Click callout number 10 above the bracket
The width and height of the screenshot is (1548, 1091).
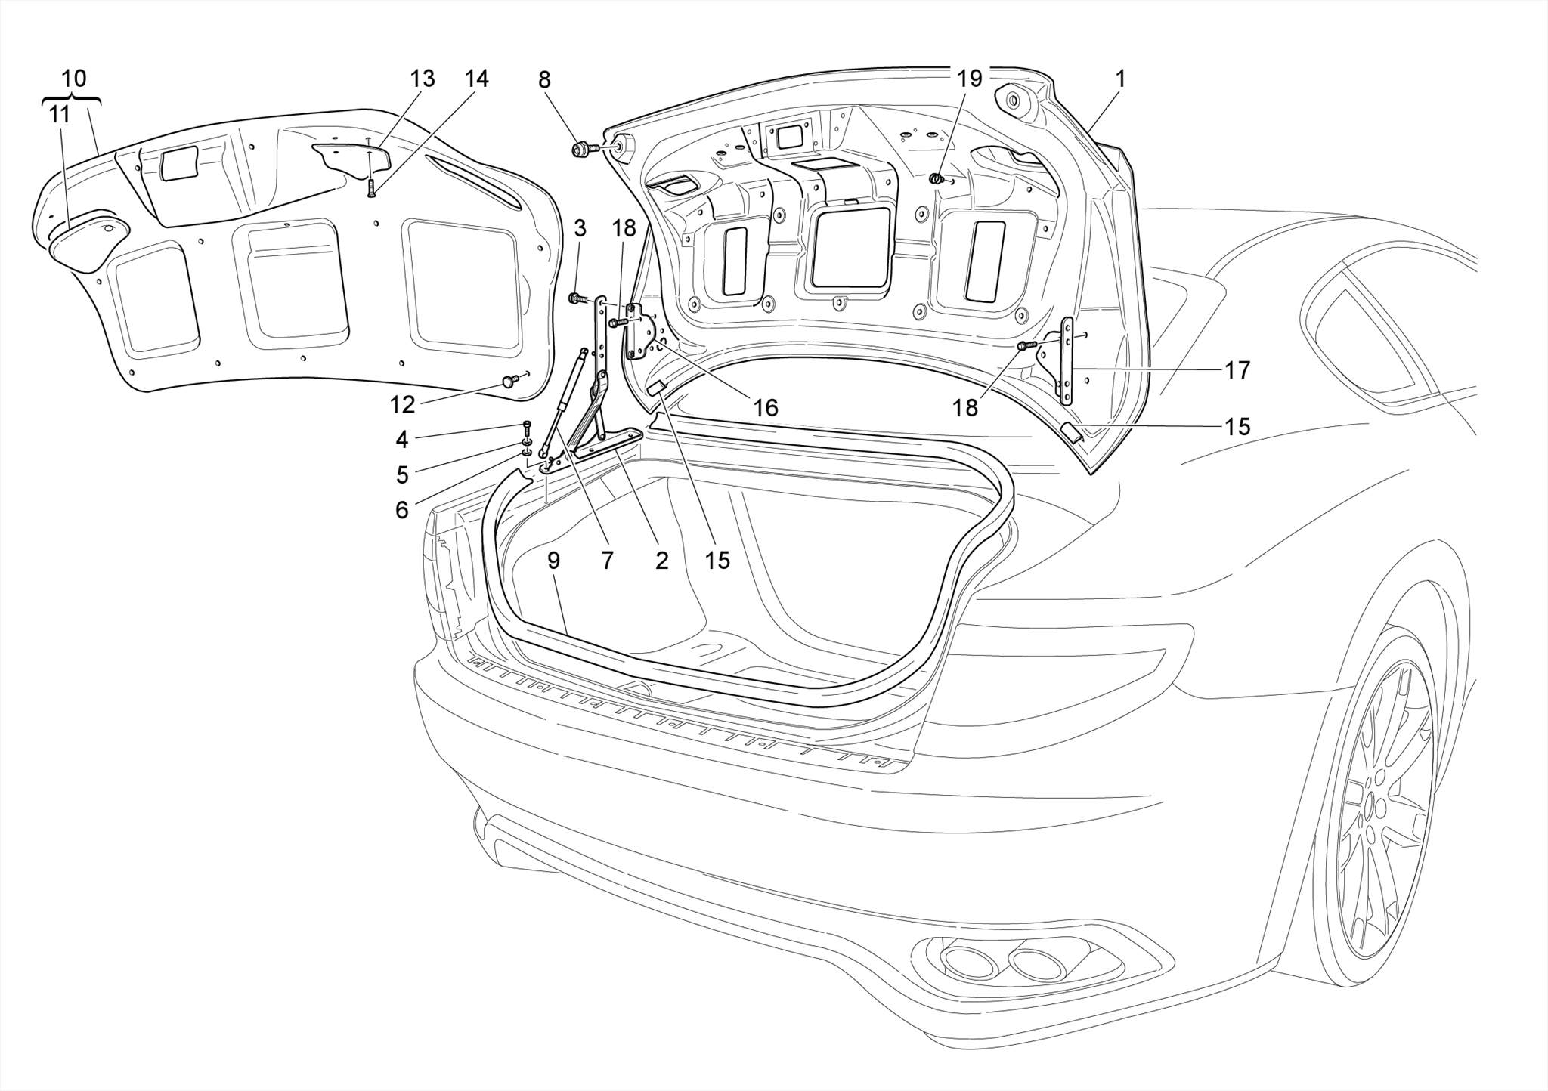click(x=74, y=79)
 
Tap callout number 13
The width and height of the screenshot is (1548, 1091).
click(x=423, y=79)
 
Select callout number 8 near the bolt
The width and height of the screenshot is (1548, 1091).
click(x=544, y=79)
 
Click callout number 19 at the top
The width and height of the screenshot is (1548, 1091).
click(x=970, y=79)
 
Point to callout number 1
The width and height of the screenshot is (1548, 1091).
click(x=1120, y=79)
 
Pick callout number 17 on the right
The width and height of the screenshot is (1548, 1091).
click(x=1237, y=370)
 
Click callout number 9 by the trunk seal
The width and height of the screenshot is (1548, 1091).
click(x=553, y=561)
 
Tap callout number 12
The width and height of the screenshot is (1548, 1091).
click(x=402, y=405)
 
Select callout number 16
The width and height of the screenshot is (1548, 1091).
click(x=765, y=408)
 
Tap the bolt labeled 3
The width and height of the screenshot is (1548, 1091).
click(x=578, y=298)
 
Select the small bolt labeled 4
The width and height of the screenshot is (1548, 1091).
click(x=527, y=427)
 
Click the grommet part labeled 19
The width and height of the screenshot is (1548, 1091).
click(x=937, y=179)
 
